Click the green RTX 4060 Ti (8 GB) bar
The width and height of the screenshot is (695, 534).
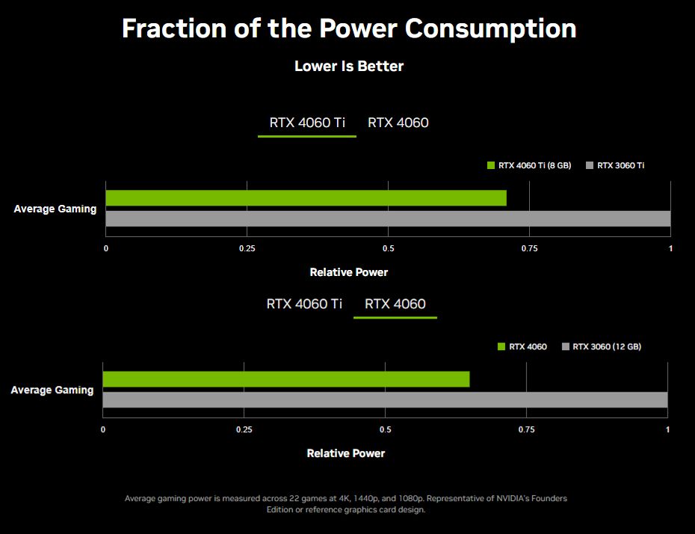click(306, 197)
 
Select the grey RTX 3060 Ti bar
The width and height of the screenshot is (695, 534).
click(389, 218)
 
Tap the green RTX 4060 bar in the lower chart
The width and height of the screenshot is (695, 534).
click(286, 379)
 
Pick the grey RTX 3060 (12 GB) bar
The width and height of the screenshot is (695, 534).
click(385, 400)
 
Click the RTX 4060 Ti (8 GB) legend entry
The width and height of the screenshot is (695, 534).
click(529, 165)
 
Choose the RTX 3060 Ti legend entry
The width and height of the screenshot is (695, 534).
click(615, 165)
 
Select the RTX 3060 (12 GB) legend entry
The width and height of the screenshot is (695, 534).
click(602, 346)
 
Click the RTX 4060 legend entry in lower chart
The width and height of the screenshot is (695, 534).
click(522, 346)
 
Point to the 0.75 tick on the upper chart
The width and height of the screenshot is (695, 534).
click(529, 248)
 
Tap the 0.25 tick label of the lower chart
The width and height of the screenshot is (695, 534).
click(244, 429)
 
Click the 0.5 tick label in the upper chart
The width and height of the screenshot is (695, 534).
click(389, 248)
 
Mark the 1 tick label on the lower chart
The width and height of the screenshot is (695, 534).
click(667, 429)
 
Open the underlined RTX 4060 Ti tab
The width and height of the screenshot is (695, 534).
click(307, 123)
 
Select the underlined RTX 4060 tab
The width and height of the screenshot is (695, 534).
click(395, 304)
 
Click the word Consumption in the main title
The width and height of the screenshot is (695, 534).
click(491, 29)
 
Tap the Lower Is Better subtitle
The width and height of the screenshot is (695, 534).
click(349, 66)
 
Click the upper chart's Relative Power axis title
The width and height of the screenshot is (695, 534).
click(349, 272)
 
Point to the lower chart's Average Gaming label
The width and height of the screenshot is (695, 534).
click(52, 390)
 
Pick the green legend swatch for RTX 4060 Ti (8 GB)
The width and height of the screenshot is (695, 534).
click(491, 165)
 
